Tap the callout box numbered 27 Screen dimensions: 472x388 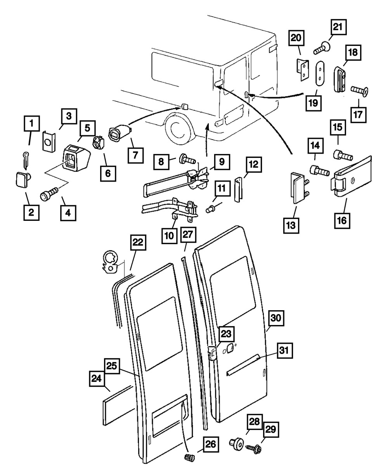coord(188,235)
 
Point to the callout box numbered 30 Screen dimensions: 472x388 coord(277,318)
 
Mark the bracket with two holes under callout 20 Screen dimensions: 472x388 coord(303,70)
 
